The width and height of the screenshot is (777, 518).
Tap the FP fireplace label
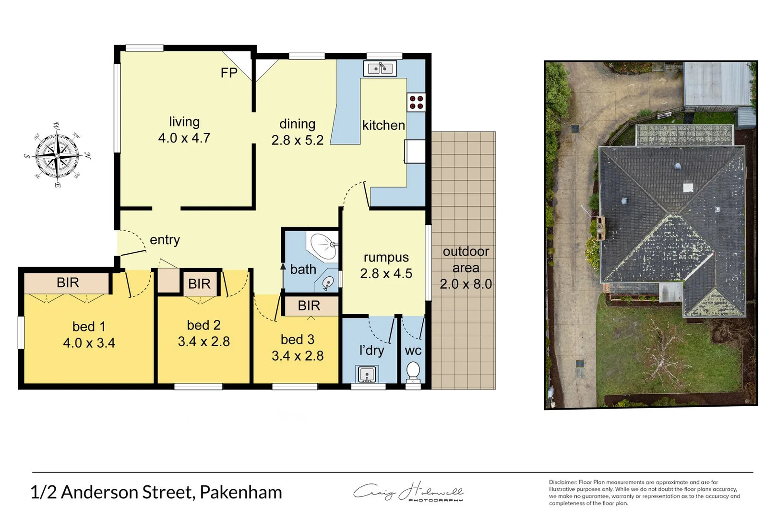229,73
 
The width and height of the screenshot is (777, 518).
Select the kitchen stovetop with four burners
416,102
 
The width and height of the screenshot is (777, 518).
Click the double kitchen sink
380,69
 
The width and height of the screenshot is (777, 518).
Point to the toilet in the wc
413,371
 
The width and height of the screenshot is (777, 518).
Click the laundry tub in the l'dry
367,374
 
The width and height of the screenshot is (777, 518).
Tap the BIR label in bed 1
68,283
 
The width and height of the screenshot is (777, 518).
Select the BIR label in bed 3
309,306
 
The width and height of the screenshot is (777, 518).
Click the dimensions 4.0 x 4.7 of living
184,138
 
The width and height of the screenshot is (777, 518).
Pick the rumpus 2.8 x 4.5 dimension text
386,273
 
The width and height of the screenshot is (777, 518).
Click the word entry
165,240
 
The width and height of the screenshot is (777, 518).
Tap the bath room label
303,270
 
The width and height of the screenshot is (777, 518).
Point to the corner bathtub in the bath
323,245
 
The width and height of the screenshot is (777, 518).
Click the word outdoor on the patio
466,252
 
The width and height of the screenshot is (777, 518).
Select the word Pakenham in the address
241,493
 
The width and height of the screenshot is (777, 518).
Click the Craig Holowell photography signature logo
408,492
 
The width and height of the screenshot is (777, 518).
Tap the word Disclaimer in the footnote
563,483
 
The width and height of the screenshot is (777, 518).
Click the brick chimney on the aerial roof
600,227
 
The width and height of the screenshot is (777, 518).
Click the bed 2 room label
203,326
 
